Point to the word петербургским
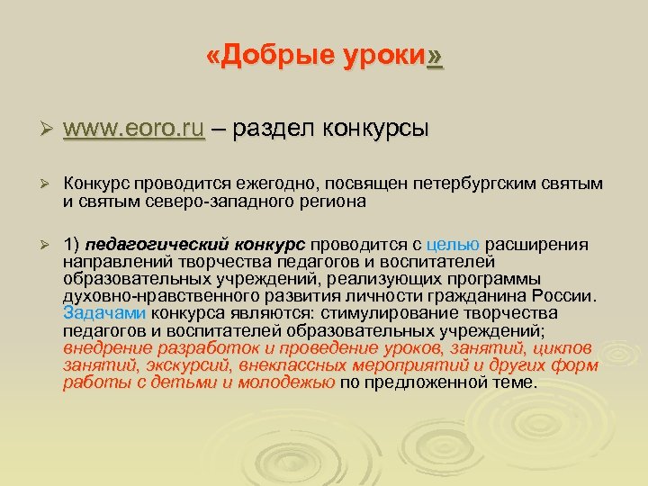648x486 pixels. tap(475, 184)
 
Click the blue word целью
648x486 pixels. tap(454, 245)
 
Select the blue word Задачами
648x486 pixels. tap(105, 313)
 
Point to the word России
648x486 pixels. tap(562, 296)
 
